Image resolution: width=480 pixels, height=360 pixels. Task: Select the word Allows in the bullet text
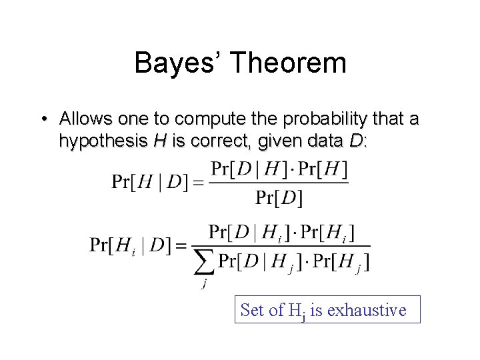(x=83, y=119)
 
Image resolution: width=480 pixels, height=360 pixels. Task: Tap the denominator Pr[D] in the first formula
(x=279, y=198)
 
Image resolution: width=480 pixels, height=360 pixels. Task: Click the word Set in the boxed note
(x=252, y=310)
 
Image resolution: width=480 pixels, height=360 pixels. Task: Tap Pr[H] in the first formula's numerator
(x=323, y=169)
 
